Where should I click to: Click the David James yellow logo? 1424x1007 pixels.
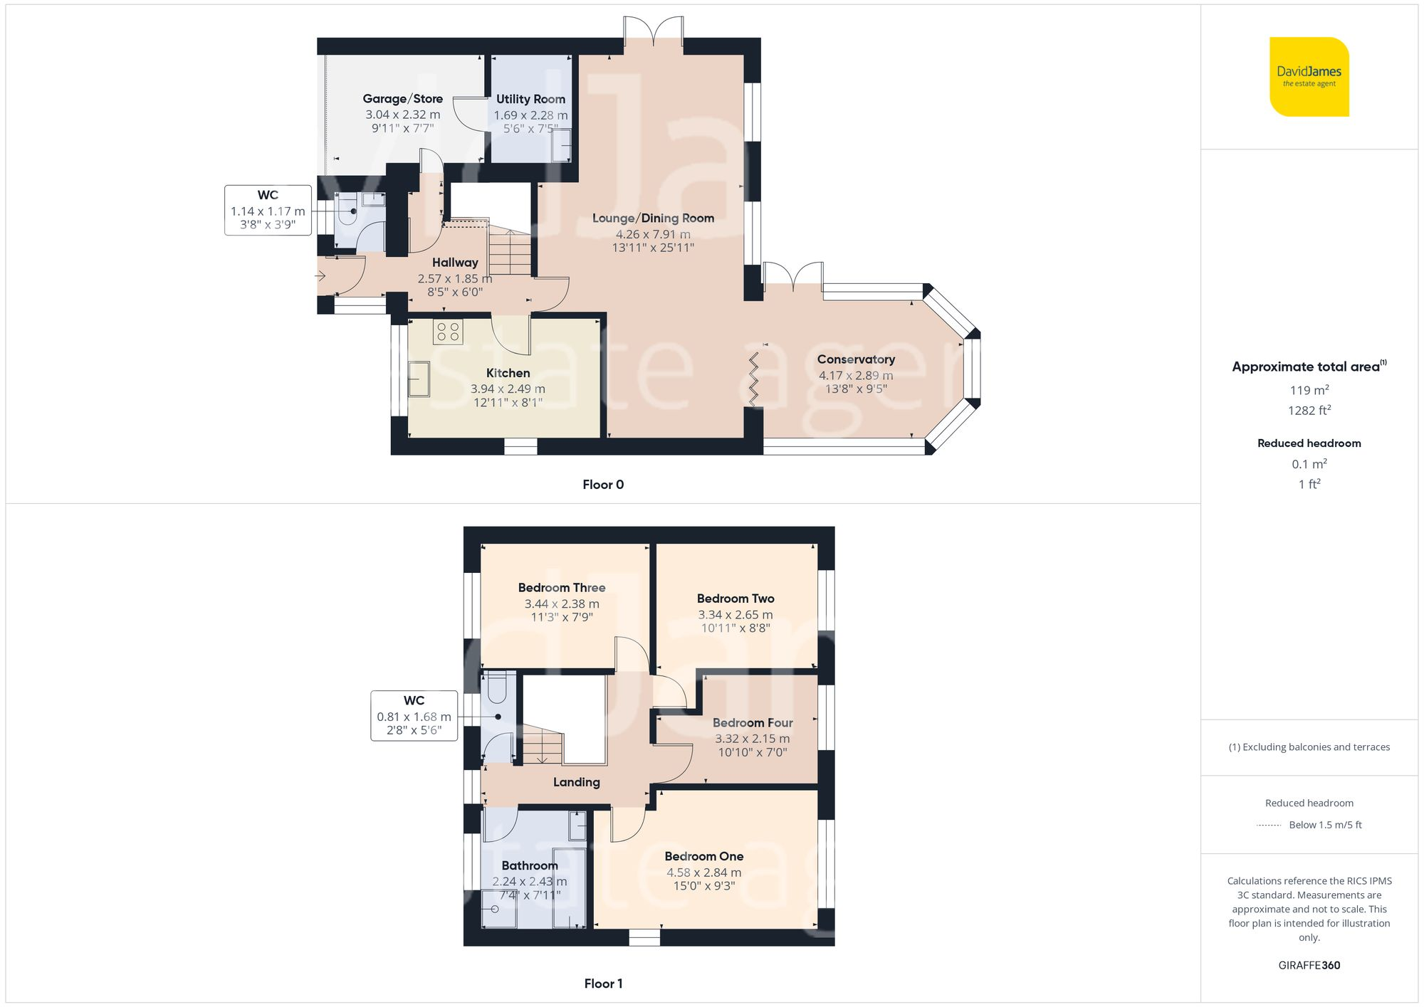(x=1309, y=77)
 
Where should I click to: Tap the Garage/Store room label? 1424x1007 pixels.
(x=402, y=99)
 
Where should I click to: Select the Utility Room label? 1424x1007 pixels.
(x=530, y=100)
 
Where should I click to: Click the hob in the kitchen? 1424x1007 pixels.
(x=448, y=332)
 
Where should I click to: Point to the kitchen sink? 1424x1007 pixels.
(x=419, y=379)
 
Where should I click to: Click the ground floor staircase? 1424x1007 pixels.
(x=510, y=253)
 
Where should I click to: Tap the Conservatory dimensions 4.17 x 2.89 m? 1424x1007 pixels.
(x=855, y=375)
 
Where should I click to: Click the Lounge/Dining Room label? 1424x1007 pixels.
(x=653, y=218)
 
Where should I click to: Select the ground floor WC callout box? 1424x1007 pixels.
(x=268, y=210)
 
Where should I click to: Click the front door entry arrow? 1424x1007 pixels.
(x=321, y=276)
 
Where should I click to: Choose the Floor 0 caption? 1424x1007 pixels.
(x=603, y=485)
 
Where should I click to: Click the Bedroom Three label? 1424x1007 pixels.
(x=562, y=588)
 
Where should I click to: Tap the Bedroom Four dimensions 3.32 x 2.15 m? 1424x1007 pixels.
(x=752, y=739)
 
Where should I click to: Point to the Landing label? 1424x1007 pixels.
(x=576, y=782)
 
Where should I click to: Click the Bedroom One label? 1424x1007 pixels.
(x=703, y=857)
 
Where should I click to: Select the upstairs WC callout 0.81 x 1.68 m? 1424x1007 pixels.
(x=414, y=716)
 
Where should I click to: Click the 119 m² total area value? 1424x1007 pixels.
(x=1309, y=390)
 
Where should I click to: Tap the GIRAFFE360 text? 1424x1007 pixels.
(x=1309, y=966)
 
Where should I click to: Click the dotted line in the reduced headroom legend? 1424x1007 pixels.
(x=1269, y=826)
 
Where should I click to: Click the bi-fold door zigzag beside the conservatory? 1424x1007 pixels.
(x=753, y=379)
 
